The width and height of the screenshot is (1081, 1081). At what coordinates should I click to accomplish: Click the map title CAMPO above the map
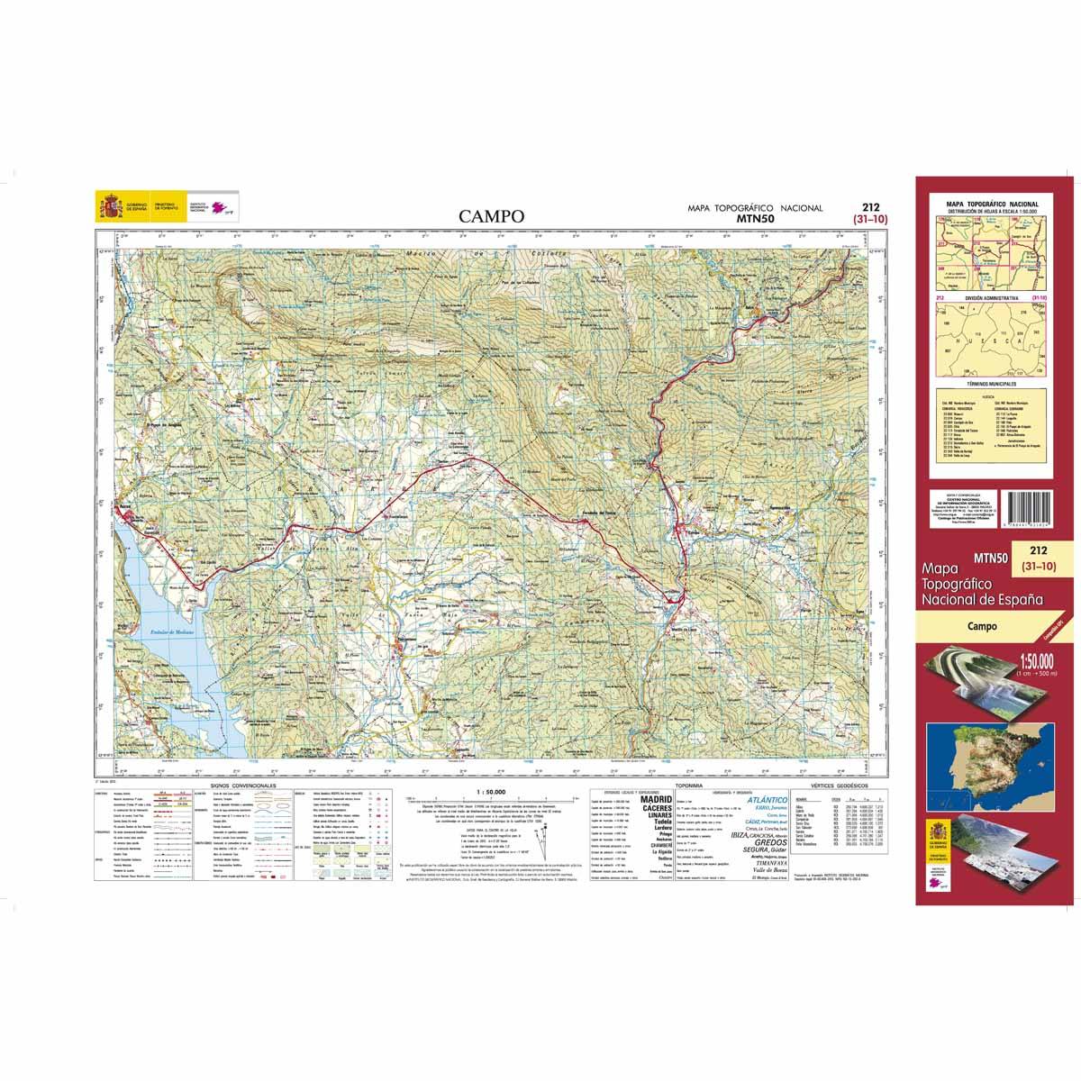tap(490, 216)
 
